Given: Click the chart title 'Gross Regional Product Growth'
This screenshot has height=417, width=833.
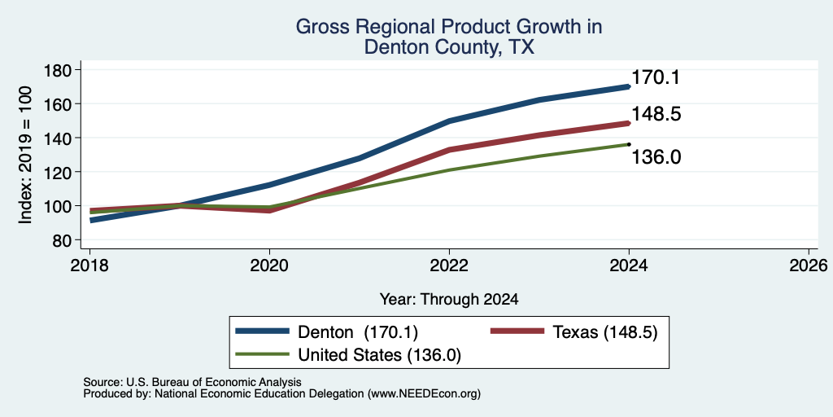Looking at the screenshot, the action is [449, 27].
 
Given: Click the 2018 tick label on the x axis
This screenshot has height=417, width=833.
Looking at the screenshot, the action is [89, 265].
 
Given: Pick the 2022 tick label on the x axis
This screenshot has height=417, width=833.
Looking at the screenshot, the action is [449, 265].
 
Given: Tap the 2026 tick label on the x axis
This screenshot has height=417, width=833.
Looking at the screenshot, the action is [809, 265].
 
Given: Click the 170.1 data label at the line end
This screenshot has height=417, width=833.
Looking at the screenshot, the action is [656, 78].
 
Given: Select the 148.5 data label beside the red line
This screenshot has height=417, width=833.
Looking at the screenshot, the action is [656, 114].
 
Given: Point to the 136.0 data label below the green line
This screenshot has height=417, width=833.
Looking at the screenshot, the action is [656, 157].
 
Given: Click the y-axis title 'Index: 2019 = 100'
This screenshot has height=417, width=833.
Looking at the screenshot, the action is [25, 155].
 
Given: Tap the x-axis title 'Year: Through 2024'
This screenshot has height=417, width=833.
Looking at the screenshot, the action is [449, 300].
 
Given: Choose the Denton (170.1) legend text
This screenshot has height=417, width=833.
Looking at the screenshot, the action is [358, 332].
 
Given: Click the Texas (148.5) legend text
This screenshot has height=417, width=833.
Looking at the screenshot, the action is [605, 332].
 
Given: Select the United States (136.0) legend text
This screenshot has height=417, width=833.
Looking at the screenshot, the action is [379, 355].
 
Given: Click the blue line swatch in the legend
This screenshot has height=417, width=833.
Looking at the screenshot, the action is [263, 331].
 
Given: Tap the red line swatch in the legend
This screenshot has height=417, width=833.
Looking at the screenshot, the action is [517, 331].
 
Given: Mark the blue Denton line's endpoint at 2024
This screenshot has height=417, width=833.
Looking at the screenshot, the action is [629, 86].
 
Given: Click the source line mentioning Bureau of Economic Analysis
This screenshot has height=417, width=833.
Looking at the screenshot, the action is [192, 382].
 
